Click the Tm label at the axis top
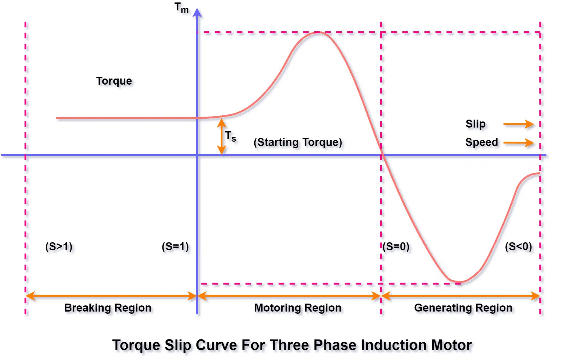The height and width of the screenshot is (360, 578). pyautogui.click(x=181, y=8)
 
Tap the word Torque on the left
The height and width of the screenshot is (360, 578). pyautogui.click(x=114, y=81)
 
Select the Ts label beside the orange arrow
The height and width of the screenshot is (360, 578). pyautogui.click(x=230, y=136)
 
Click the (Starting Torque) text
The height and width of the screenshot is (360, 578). pyautogui.click(x=298, y=142)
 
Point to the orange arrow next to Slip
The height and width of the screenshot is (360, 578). pyautogui.click(x=518, y=124)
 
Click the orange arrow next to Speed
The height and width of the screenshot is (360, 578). pyautogui.click(x=518, y=143)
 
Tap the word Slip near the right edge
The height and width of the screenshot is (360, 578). pyautogui.click(x=475, y=124)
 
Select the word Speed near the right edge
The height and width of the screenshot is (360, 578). pyautogui.click(x=481, y=142)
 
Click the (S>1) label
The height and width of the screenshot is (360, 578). pyautogui.click(x=59, y=247)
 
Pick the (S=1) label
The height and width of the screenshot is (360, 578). pyautogui.click(x=175, y=247)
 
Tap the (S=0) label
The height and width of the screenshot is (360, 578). pyautogui.click(x=396, y=247)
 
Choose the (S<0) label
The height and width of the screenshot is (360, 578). pyautogui.click(x=518, y=247)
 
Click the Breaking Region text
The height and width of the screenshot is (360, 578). pyautogui.click(x=108, y=308)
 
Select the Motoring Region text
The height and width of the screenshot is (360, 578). pyautogui.click(x=298, y=308)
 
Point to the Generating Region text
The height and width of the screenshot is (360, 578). pyautogui.click(x=463, y=308)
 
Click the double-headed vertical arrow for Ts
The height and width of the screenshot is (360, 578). pyautogui.click(x=222, y=136)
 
